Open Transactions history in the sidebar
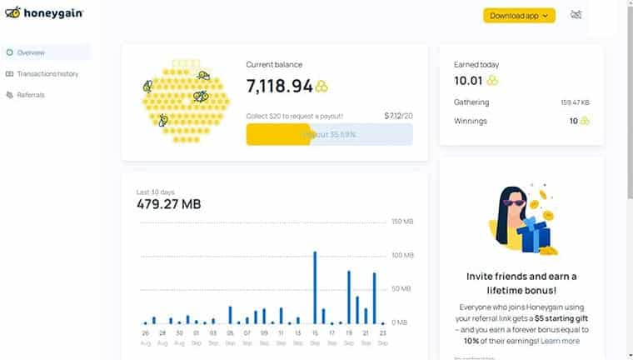coord(47,74)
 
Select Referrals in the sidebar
coord(31,95)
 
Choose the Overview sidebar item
coord(31,52)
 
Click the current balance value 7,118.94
coord(280,86)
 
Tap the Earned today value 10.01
coord(469,80)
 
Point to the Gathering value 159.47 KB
coord(576,102)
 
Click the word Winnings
coord(471,121)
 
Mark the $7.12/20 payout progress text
coord(399,116)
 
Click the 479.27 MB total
coord(169,204)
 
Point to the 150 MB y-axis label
coord(402,222)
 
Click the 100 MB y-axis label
coord(402,255)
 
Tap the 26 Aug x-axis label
coord(145,337)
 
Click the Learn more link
coord(560,341)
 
